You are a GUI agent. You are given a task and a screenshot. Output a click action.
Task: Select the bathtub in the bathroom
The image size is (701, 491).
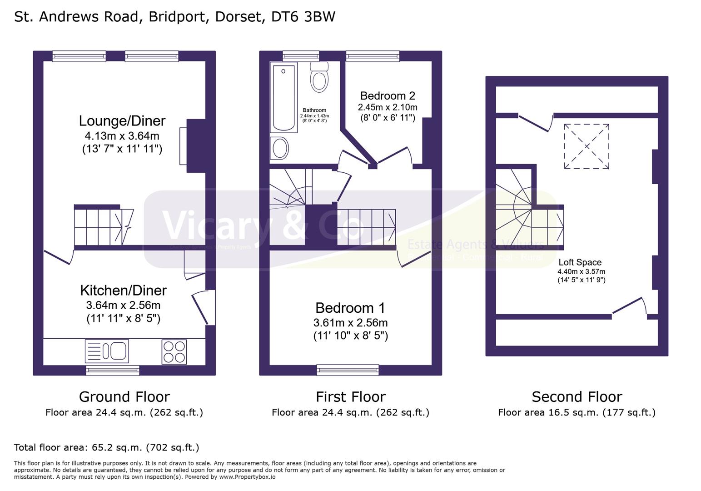pos(283,97)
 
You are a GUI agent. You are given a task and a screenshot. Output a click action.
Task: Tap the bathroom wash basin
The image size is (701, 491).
pos(279,148)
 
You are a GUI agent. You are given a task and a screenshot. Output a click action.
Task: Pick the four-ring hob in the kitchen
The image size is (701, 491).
pos(174,351)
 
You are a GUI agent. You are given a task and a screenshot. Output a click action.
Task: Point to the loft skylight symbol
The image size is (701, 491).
pos(587,146)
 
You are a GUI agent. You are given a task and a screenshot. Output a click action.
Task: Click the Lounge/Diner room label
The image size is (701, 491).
pos(122,121)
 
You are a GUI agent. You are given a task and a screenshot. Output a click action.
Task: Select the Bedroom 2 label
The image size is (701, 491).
pos(388,96)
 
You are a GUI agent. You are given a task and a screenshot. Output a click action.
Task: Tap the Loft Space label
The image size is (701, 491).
pos(580,262)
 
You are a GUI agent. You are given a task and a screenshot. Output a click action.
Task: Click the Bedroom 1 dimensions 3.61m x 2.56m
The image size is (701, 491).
pos(350,323)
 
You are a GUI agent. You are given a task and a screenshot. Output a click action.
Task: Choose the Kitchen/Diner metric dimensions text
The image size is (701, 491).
pos(123,305)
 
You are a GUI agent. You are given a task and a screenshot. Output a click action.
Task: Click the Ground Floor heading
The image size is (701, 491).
pos(124,397)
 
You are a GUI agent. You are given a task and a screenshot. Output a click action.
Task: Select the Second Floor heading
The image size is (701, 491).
pos(577,397)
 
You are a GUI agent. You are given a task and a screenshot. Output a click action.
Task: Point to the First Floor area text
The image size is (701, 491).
pos(350,412)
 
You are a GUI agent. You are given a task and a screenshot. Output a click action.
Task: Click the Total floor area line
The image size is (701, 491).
pos(107,447)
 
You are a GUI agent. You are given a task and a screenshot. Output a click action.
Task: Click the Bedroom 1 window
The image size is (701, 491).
pos(348,370)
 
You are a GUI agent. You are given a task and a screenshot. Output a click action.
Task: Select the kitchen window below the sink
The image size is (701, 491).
pos(113,371)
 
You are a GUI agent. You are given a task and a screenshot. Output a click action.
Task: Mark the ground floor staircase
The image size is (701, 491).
pos(104,226)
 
